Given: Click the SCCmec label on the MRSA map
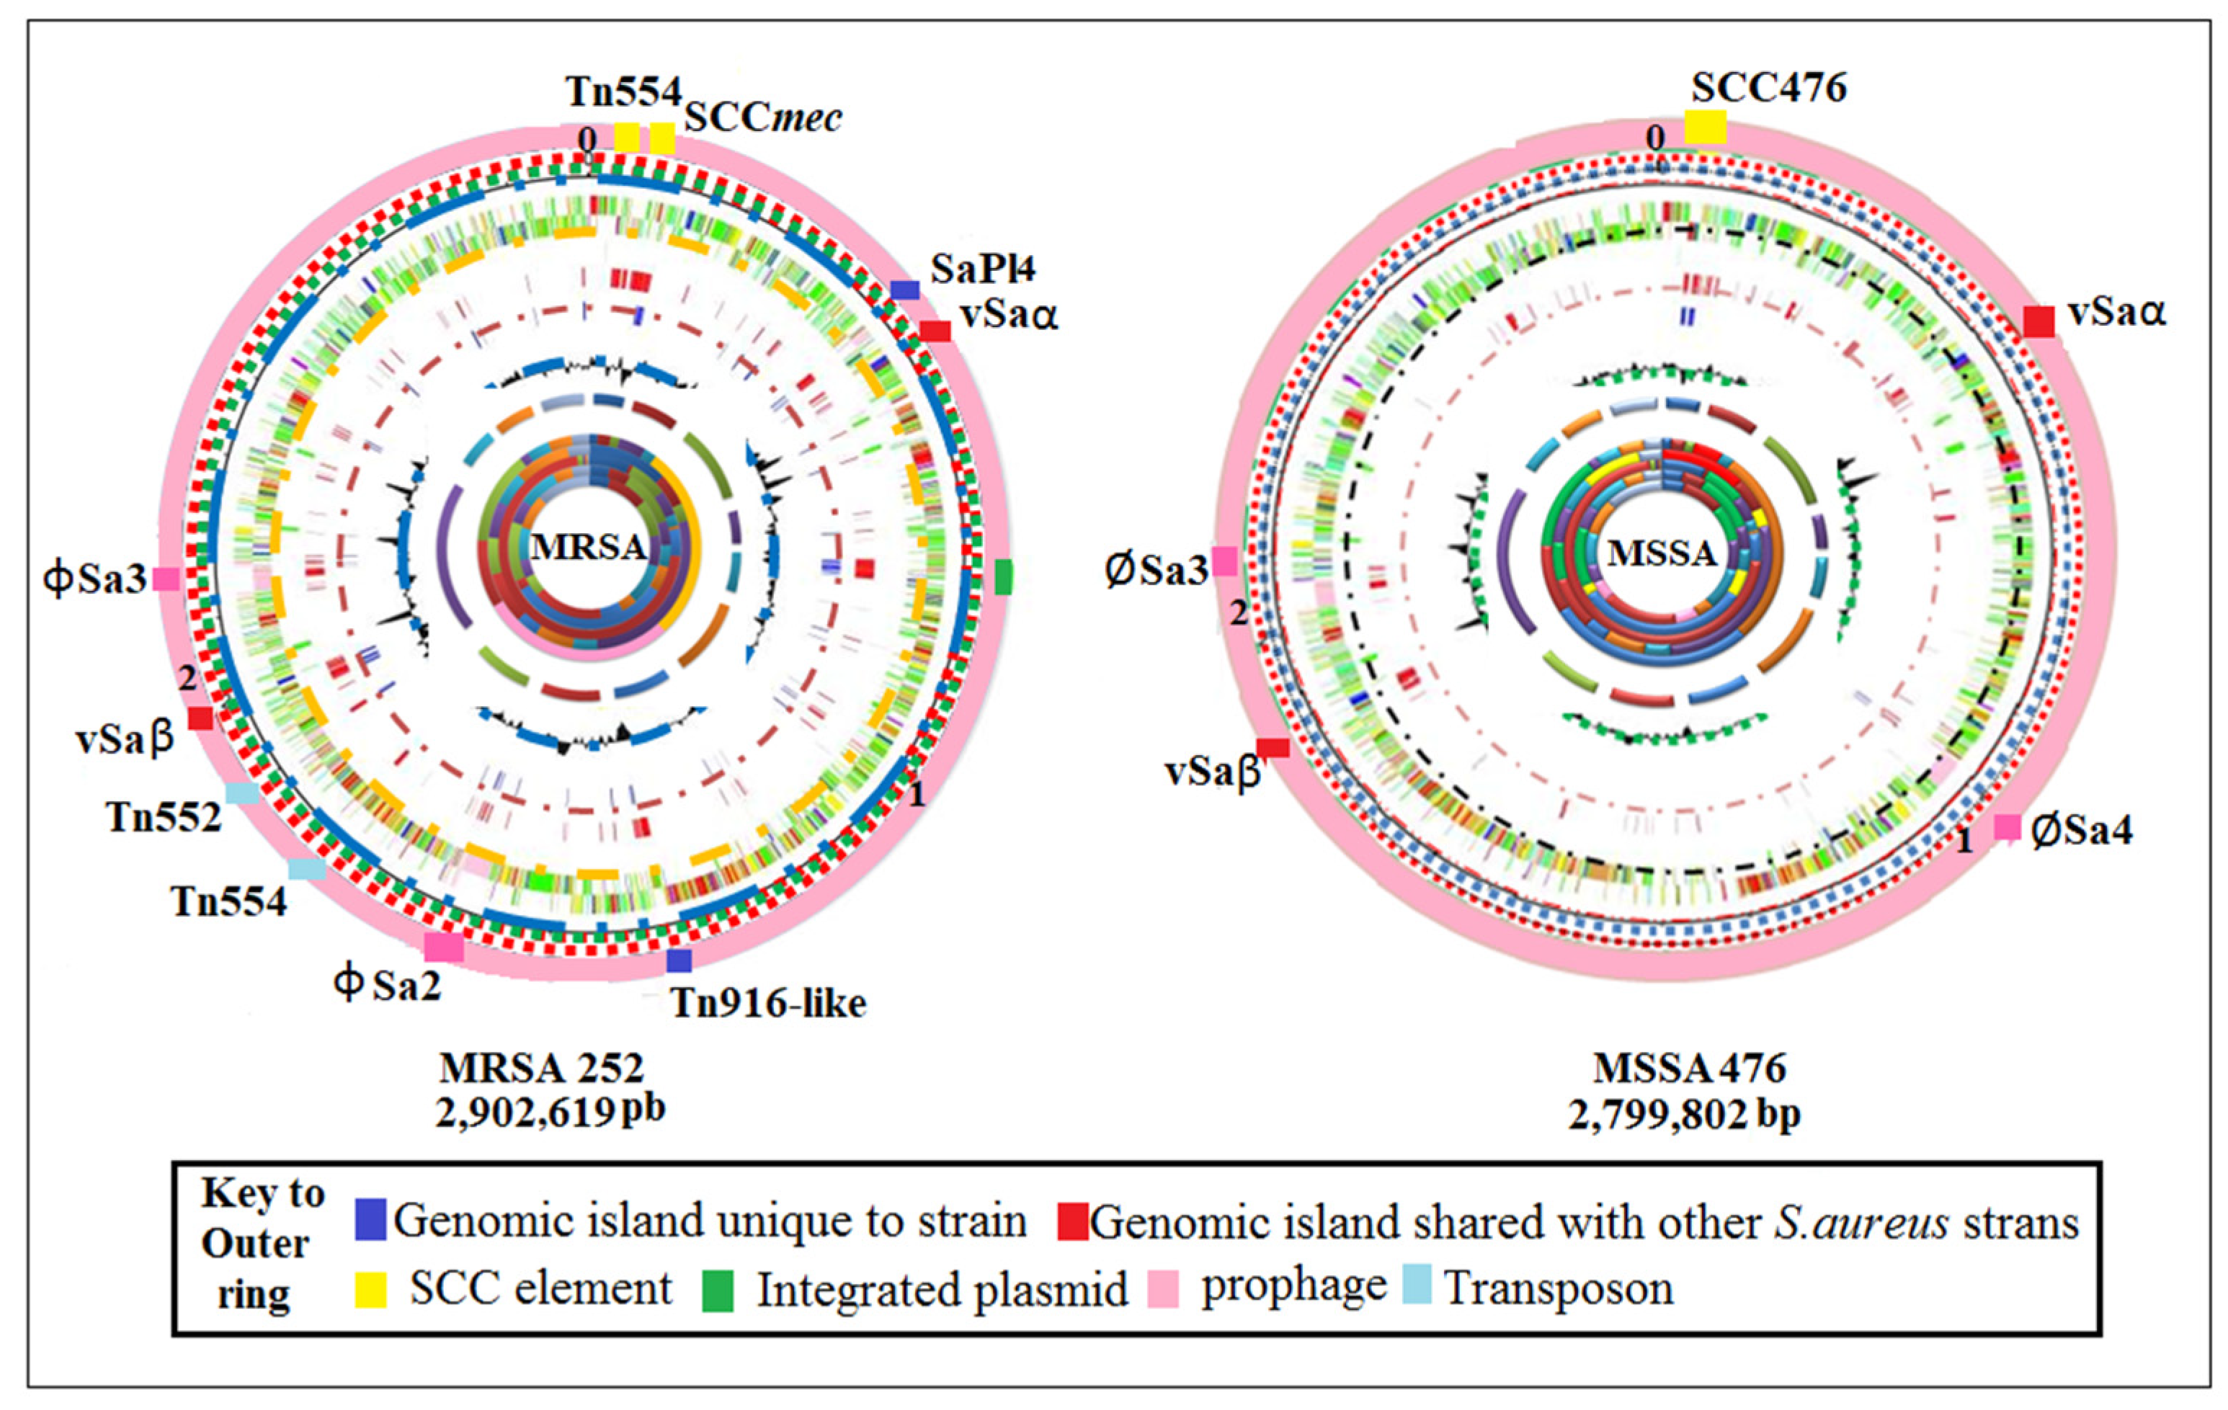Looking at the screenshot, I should pos(762,117).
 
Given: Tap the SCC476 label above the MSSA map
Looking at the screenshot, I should pos(1768,88).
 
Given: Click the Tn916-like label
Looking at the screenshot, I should pos(768,1003).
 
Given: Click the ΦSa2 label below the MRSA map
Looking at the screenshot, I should pos(388,983).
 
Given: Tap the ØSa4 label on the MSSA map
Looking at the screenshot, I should pos(2081,830).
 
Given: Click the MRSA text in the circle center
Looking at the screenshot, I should pos(589,547).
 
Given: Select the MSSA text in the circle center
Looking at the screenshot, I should pos(1662,553).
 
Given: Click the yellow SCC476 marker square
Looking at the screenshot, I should pos(1706,127).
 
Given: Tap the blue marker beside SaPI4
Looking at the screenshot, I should pos(905,290).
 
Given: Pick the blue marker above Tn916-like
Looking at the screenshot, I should pos(679,960).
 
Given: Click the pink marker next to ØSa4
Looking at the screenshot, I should pos(2006,826).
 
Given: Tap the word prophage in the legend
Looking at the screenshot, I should pos(1293,1285).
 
